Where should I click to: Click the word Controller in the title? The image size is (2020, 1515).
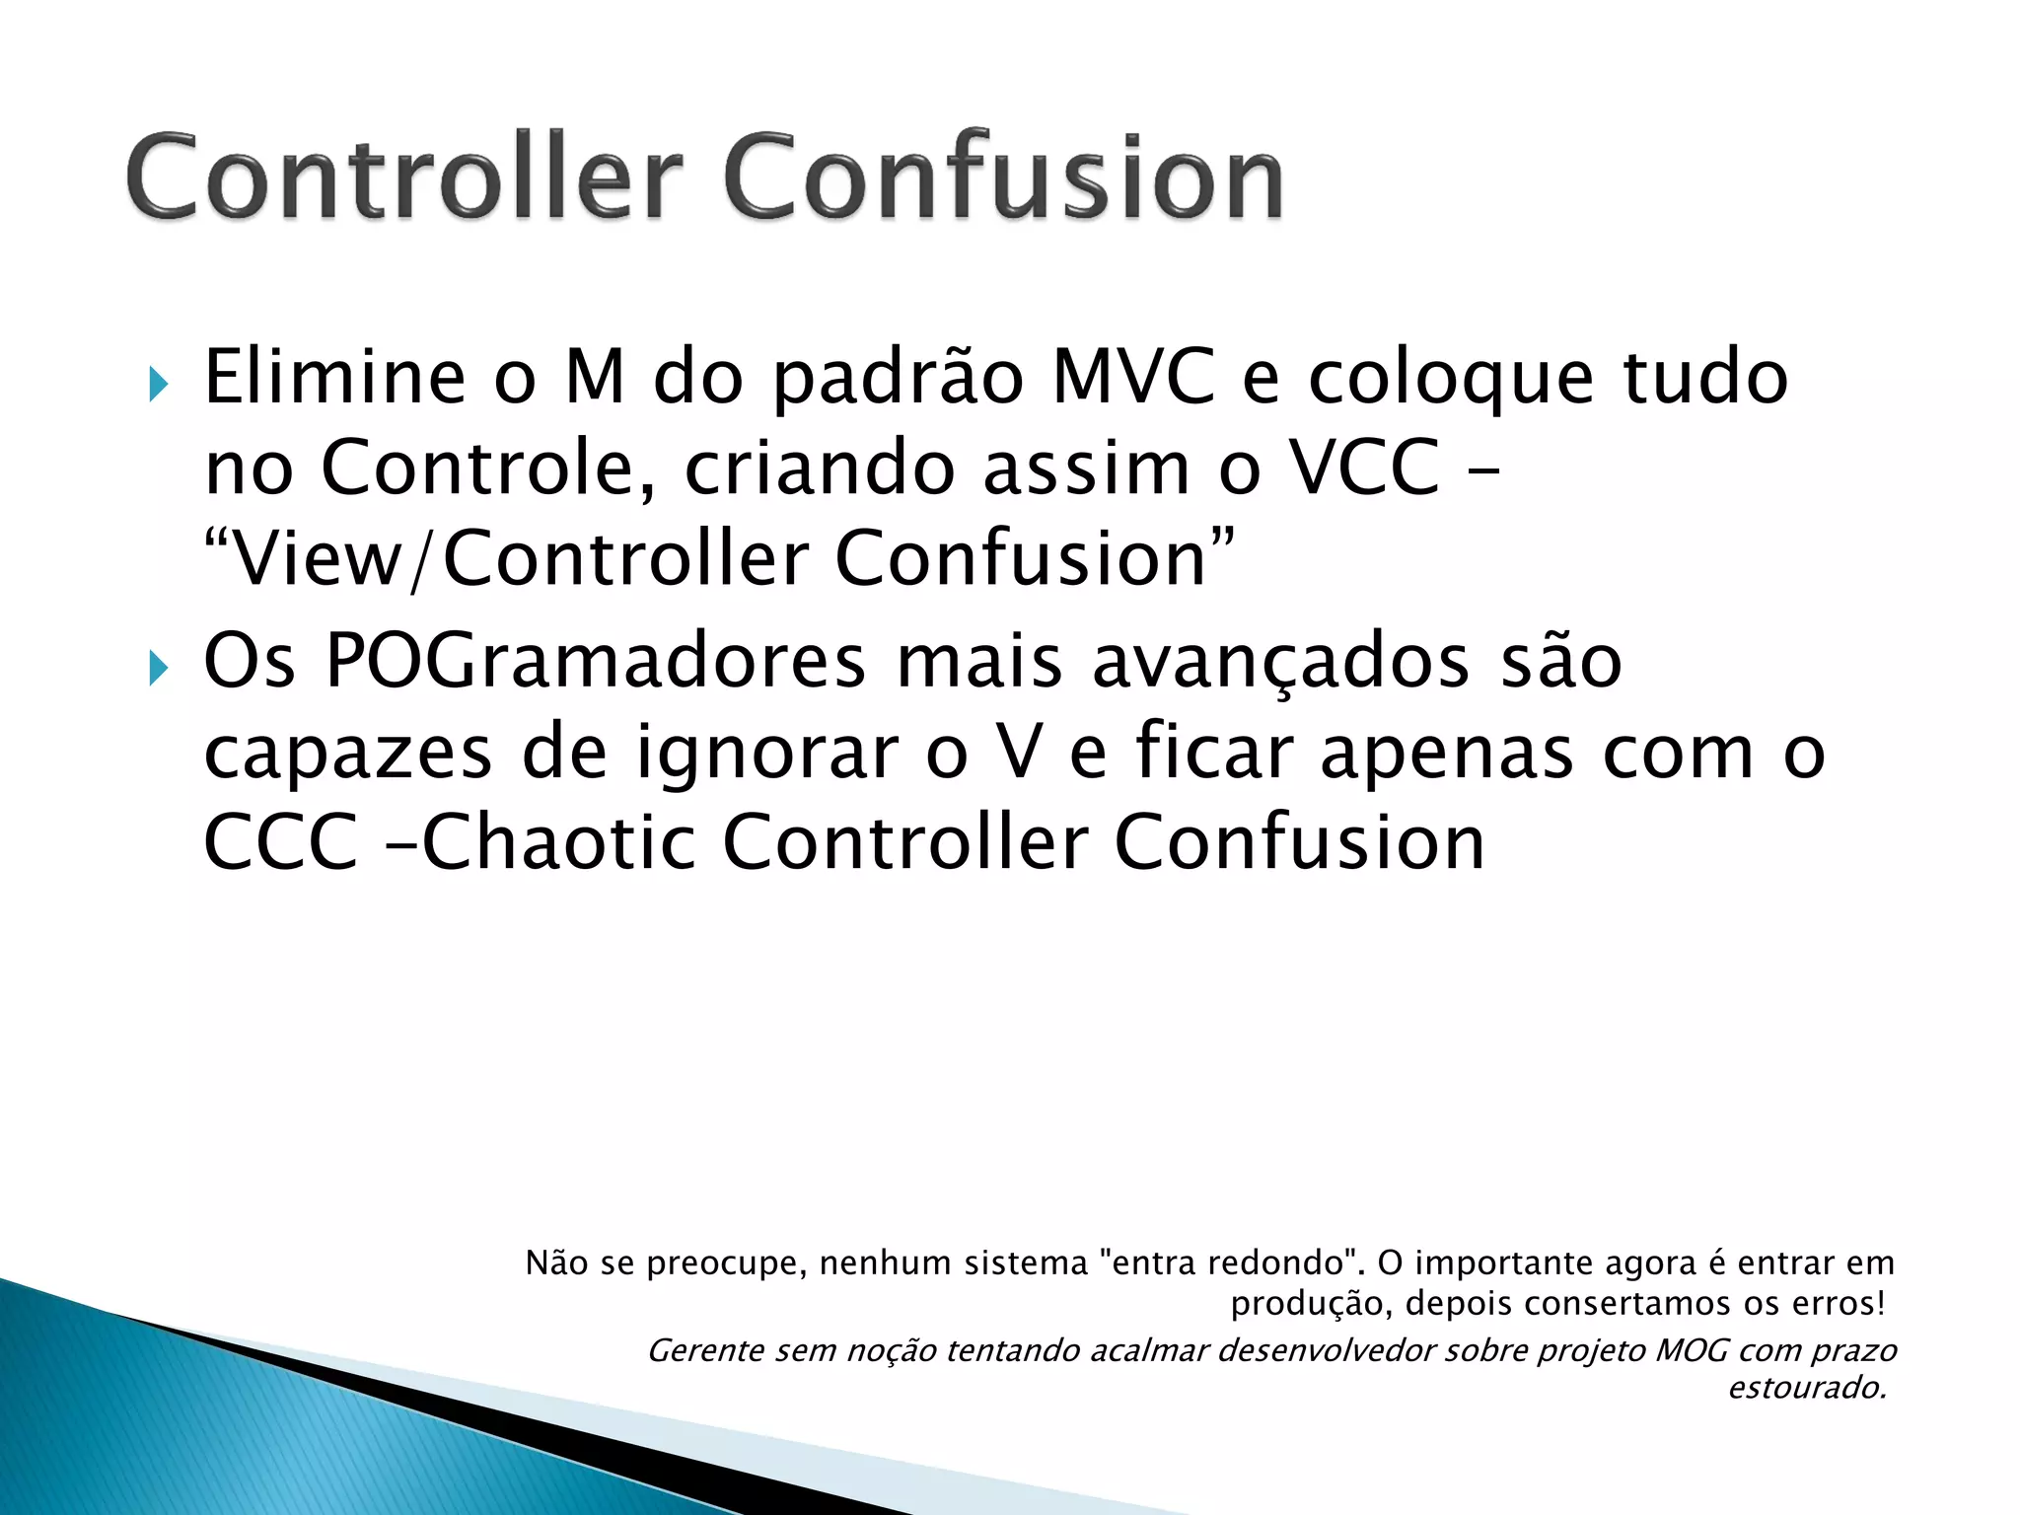tap(404, 178)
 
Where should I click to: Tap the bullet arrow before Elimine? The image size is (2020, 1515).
tap(158, 384)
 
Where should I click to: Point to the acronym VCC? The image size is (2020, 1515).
tap(1366, 468)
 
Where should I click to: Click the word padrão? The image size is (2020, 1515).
tap(898, 380)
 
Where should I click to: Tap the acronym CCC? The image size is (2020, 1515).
tap(280, 843)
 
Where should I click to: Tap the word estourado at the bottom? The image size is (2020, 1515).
tap(1806, 1388)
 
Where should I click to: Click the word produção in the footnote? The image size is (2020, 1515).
tap(1311, 1304)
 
